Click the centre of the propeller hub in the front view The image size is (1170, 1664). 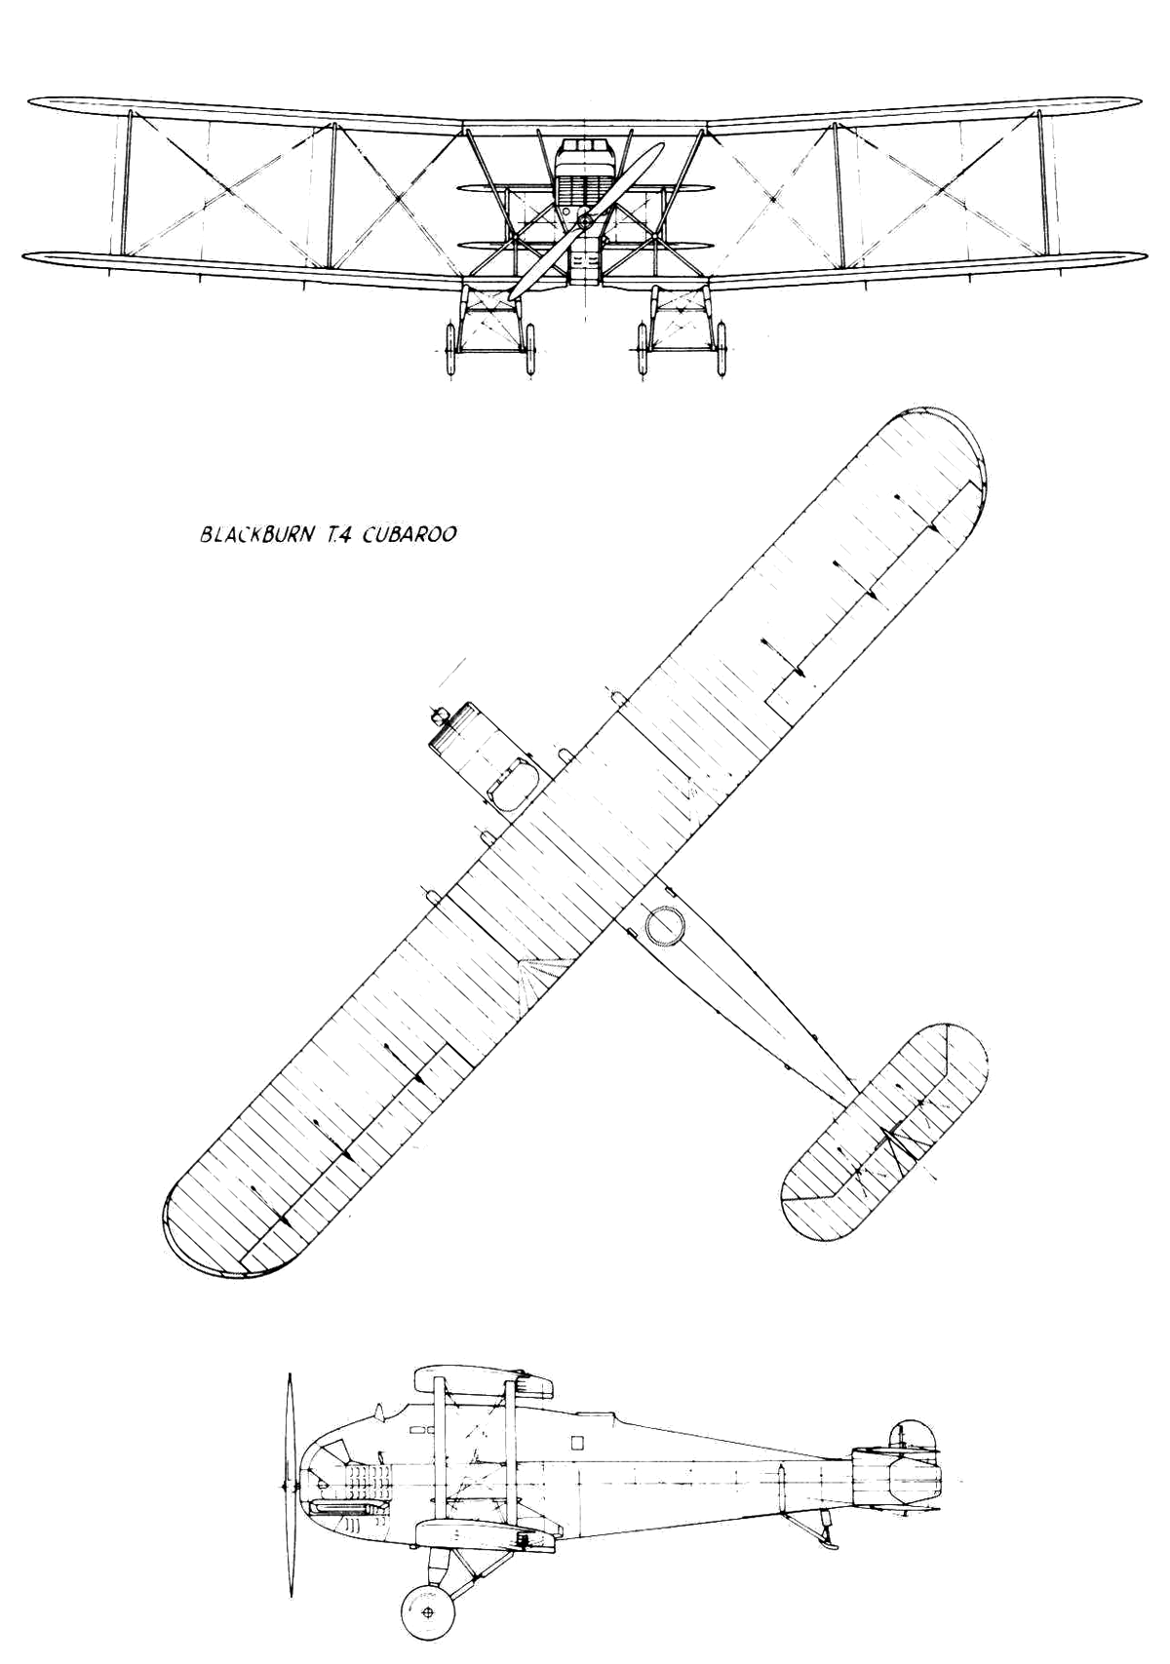pyautogui.click(x=586, y=220)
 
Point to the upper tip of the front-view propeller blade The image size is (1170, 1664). pyautogui.click(x=661, y=145)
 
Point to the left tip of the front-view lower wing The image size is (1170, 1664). pyautogui.click(x=23, y=255)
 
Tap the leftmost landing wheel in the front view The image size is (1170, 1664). pyautogui.click(x=448, y=348)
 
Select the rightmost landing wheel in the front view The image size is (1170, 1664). pyautogui.click(x=721, y=348)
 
